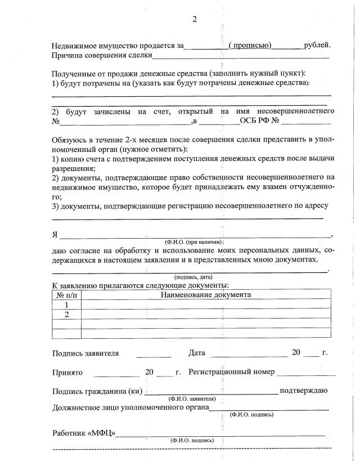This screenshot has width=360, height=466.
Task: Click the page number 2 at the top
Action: click(195, 19)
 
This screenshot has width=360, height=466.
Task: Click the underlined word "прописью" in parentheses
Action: click(250, 46)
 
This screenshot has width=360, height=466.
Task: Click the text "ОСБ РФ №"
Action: click(260, 121)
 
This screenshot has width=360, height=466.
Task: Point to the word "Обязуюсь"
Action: click(70, 140)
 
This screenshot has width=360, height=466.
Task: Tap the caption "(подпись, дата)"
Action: click(193, 277)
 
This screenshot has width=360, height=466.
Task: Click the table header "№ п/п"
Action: click(66, 295)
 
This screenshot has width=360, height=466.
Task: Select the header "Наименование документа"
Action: click(206, 295)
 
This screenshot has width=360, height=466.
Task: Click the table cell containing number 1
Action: click(66, 304)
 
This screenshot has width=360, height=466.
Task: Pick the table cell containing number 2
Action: click(66, 314)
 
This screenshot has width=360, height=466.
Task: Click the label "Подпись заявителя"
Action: click(85, 353)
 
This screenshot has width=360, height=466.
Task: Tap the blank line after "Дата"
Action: click(249, 355)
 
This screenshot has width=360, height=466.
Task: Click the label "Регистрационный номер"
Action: click(232, 373)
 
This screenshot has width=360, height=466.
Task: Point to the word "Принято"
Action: click(67, 373)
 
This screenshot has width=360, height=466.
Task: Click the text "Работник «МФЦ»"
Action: click(84, 433)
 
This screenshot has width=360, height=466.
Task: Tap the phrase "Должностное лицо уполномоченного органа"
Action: click(130, 407)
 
